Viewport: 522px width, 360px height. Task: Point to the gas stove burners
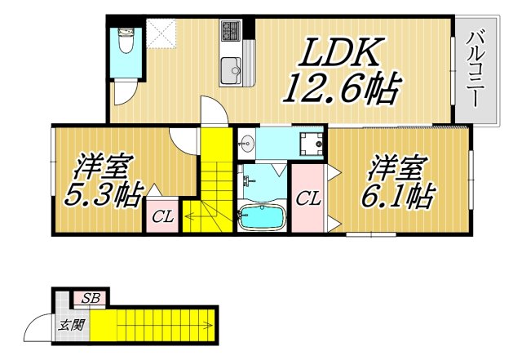click(x=229, y=32)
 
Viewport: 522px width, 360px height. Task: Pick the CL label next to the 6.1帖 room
click(x=307, y=198)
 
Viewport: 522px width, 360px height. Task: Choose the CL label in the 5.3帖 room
click(x=161, y=217)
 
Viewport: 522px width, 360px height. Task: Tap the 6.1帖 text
click(x=399, y=195)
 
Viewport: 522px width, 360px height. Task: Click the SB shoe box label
click(x=90, y=299)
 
